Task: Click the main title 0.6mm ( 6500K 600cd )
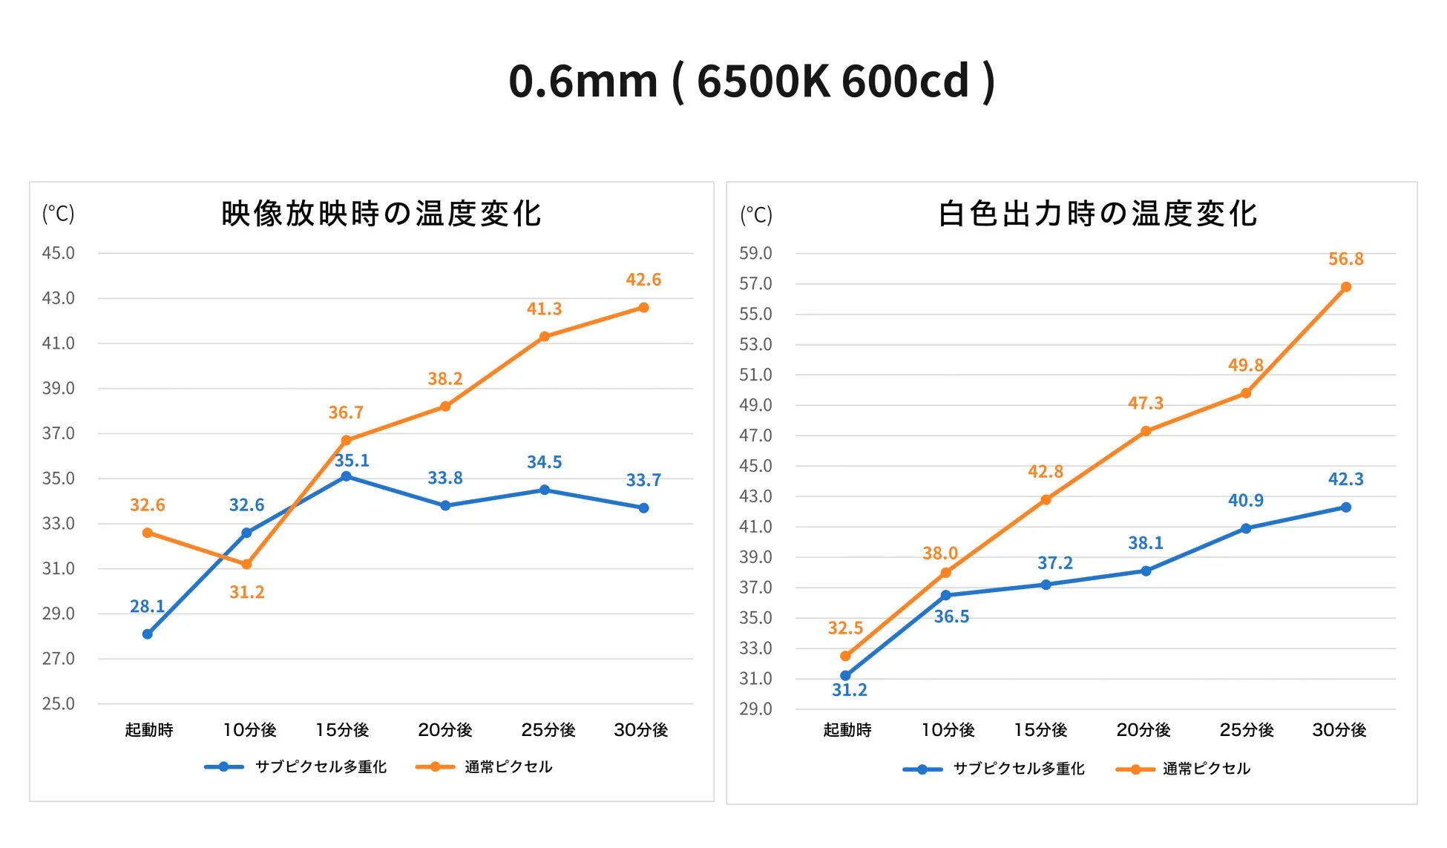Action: pyautogui.click(x=751, y=81)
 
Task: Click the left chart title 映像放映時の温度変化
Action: pyautogui.click(x=381, y=214)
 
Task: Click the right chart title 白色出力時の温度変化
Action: pyautogui.click(x=1097, y=214)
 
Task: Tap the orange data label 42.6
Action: pyautogui.click(x=643, y=280)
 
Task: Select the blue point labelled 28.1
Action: pyautogui.click(x=147, y=634)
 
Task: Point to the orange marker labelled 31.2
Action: pyautogui.click(x=246, y=565)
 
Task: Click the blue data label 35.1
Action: pyautogui.click(x=352, y=461)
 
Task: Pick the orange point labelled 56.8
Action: pyautogui.click(x=1345, y=287)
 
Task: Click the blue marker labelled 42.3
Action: pyautogui.click(x=1345, y=507)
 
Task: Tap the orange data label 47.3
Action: pyautogui.click(x=1145, y=404)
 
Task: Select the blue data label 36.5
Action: pyautogui.click(x=951, y=617)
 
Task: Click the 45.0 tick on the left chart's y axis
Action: pyautogui.click(x=58, y=253)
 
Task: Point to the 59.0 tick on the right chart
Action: pyautogui.click(x=755, y=253)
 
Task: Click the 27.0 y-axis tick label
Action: pyautogui.click(x=58, y=659)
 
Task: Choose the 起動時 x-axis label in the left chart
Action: pyautogui.click(x=148, y=730)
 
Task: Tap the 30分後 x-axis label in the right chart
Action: pyautogui.click(x=1339, y=730)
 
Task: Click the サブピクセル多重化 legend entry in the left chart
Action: pyautogui.click(x=321, y=766)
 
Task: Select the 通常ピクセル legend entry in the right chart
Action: pyautogui.click(x=1206, y=769)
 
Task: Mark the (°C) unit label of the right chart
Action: pyautogui.click(x=755, y=215)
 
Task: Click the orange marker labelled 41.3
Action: pyautogui.click(x=544, y=337)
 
